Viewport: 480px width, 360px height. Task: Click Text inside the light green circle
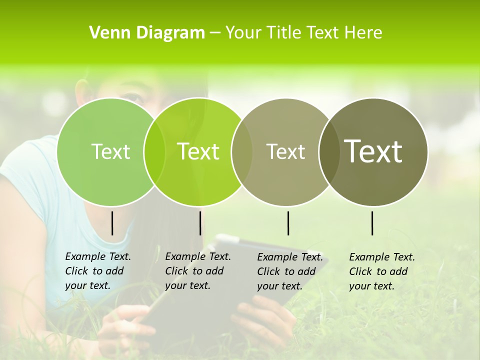(110, 151)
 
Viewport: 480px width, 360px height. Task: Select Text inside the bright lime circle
(198, 151)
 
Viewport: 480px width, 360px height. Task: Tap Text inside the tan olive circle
(285, 151)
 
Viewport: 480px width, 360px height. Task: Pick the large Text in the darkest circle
(373, 151)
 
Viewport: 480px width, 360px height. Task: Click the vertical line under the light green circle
(112, 223)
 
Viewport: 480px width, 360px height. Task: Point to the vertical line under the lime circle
(200, 223)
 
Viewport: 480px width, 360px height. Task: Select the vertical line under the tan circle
(288, 223)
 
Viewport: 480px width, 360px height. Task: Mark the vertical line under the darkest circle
(372, 223)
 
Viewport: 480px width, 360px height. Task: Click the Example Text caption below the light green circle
(98, 271)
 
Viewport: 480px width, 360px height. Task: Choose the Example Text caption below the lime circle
(198, 271)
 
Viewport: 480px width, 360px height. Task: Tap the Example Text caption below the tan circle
(290, 271)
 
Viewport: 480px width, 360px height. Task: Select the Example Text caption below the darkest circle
(382, 271)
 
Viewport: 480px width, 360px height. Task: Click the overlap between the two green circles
(154, 151)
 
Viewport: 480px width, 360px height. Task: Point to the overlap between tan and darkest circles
(328, 151)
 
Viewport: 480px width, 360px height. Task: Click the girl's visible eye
(132, 96)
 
